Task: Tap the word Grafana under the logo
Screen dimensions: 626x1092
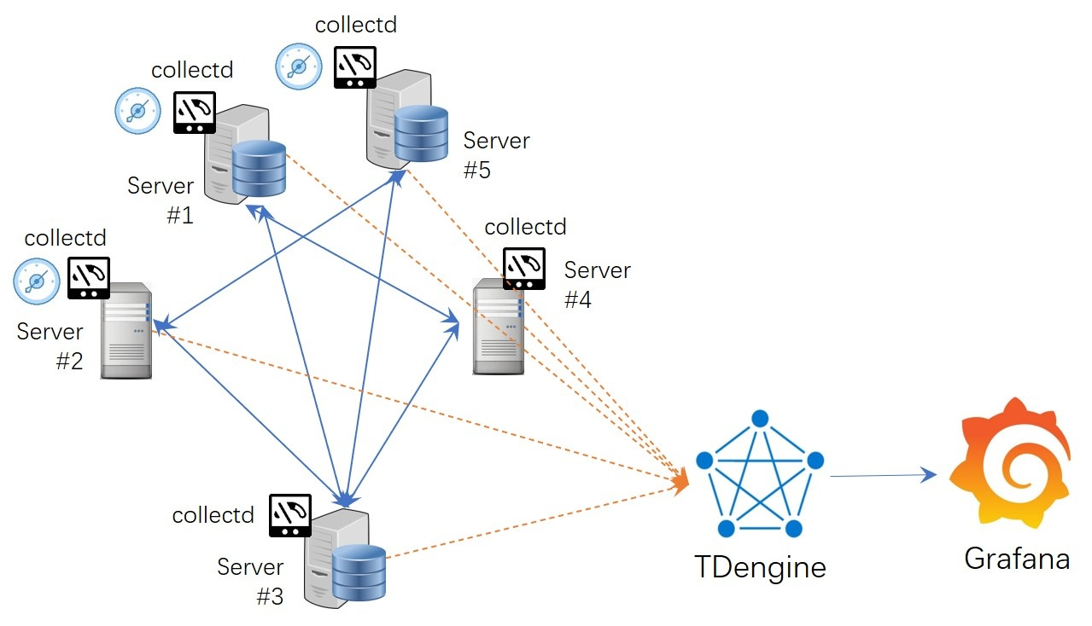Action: [1017, 559]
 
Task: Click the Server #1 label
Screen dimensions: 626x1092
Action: [161, 200]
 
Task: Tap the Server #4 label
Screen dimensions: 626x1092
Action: [596, 285]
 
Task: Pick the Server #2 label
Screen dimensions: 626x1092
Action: [51, 345]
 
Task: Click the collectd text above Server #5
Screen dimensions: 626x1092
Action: [356, 24]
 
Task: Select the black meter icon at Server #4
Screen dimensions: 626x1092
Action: [523, 269]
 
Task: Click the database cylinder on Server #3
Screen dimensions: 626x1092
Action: [359, 571]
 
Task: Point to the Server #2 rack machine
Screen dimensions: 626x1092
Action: [126, 330]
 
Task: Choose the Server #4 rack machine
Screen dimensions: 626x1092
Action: [498, 327]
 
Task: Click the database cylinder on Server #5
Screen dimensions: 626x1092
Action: [421, 133]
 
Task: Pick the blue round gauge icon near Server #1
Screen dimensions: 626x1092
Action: [137, 111]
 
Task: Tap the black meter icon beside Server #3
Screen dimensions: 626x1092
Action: [290, 515]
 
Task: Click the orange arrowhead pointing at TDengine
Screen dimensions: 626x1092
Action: [680, 482]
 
